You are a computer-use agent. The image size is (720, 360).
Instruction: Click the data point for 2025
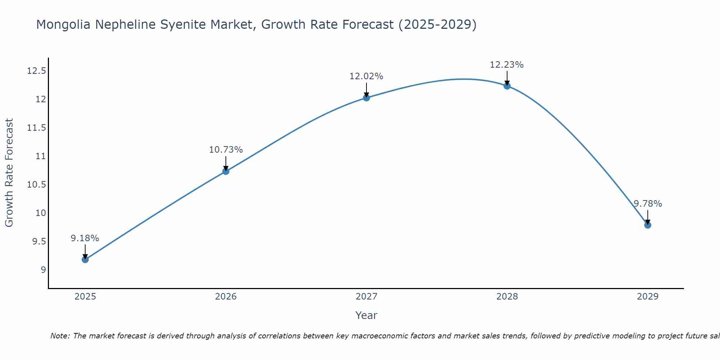tap(85, 259)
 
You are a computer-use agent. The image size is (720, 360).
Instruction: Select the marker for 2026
tap(226, 171)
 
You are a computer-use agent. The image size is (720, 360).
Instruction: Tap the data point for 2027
tap(366, 98)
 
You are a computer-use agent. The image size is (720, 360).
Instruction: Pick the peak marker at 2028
tap(507, 86)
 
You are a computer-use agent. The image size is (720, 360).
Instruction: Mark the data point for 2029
tap(648, 225)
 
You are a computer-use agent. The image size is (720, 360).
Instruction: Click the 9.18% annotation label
tap(85, 238)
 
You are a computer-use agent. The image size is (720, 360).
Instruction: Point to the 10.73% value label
tap(226, 150)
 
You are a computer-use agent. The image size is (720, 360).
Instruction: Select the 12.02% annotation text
tap(366, 76)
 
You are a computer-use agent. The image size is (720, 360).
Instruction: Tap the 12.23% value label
tap(507, 65)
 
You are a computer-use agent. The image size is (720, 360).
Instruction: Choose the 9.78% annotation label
tap(648, 204)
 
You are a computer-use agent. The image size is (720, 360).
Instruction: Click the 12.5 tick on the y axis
tap(36, 71)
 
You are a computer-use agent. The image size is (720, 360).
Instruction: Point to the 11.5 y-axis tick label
tap(36, 128)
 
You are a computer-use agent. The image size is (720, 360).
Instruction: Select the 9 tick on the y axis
tap(43, 270)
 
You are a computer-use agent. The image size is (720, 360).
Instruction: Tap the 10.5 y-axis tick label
tap(36, 185)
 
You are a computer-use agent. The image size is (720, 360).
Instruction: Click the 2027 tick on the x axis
tap(366, 297)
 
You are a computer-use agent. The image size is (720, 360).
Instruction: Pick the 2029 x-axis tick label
tap(648, 297)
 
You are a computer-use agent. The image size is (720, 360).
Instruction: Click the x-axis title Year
tap(366, 315)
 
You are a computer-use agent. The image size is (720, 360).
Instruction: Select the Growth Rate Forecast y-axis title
tap(9, 173)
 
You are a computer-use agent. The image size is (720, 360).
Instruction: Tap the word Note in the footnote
tap(58, 336)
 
